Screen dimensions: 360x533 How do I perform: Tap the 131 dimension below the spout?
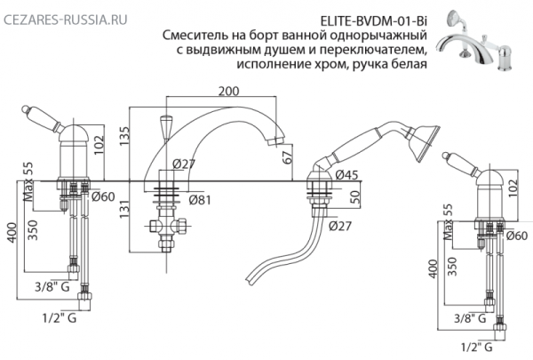[x=125, y=206]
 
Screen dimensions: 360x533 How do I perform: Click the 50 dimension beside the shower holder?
[x=359, y=196]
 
